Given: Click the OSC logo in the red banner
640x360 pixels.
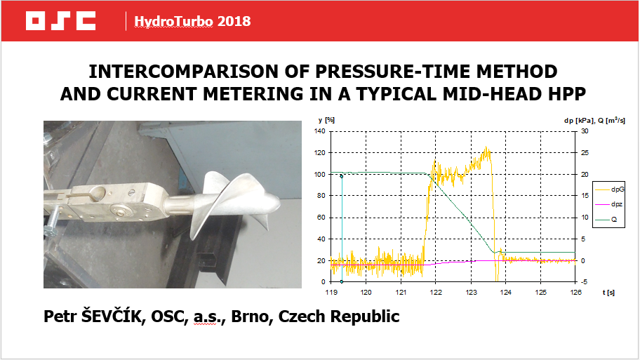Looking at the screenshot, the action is point(61,21).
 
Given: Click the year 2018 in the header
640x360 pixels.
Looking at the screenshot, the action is point(234,21).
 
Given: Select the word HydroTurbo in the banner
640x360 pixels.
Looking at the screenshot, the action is point(173,21).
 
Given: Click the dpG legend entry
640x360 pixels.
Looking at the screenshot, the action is point(609,189).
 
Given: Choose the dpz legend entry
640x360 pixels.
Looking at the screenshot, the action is point(608,204).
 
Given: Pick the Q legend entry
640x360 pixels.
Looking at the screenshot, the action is point(606,219).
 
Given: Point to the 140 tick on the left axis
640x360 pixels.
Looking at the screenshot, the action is point(319,131).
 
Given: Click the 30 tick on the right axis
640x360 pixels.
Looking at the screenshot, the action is point(585,131).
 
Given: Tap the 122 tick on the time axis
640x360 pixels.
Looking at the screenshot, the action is point(436,292).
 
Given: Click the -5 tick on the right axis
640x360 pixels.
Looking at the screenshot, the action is point(584,281).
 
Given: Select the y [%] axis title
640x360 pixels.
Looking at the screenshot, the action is point(326,120).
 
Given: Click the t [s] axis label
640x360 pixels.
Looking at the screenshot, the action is point(608,292).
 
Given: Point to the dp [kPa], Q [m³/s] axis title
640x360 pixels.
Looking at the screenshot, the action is point(594,121).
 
